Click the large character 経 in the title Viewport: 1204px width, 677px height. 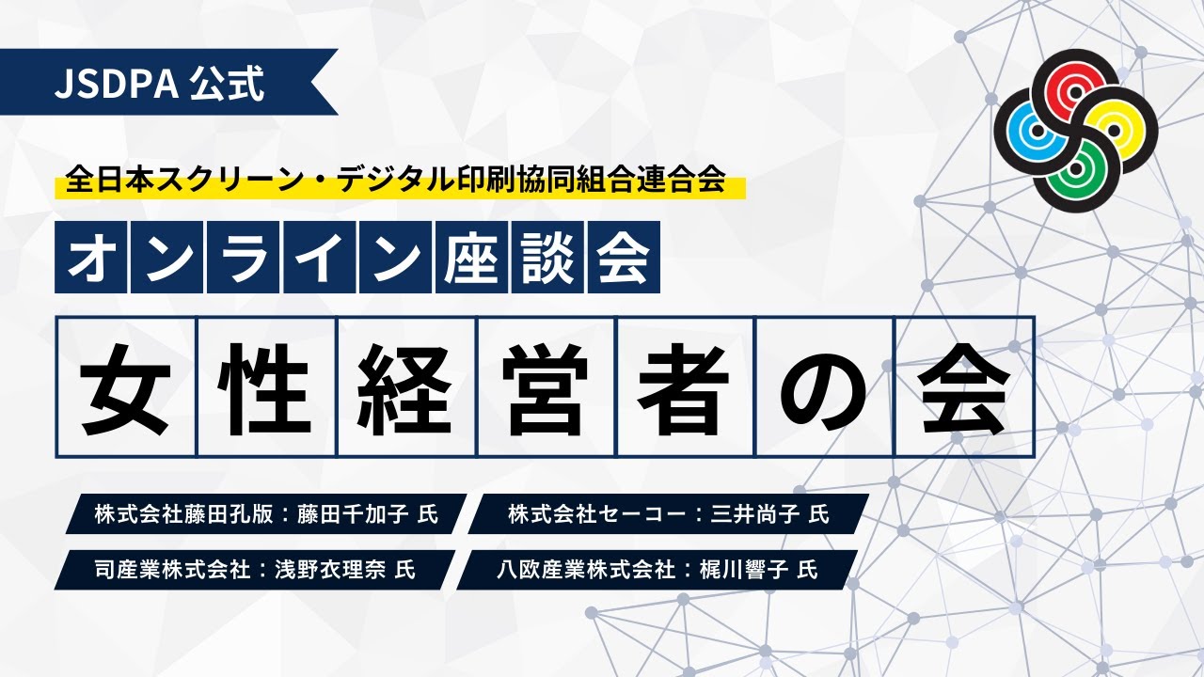coord(405,386)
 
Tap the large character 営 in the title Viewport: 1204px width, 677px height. coord(546,386)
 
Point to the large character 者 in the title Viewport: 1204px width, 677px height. coord(685,386)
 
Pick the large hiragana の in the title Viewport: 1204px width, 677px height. coord(824,386)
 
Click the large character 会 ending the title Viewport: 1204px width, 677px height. coord(964,386)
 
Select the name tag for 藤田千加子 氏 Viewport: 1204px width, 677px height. coord(266,514)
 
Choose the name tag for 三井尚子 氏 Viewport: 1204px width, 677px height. coord(668,514)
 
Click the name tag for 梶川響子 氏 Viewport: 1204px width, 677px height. coord(658,569)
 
